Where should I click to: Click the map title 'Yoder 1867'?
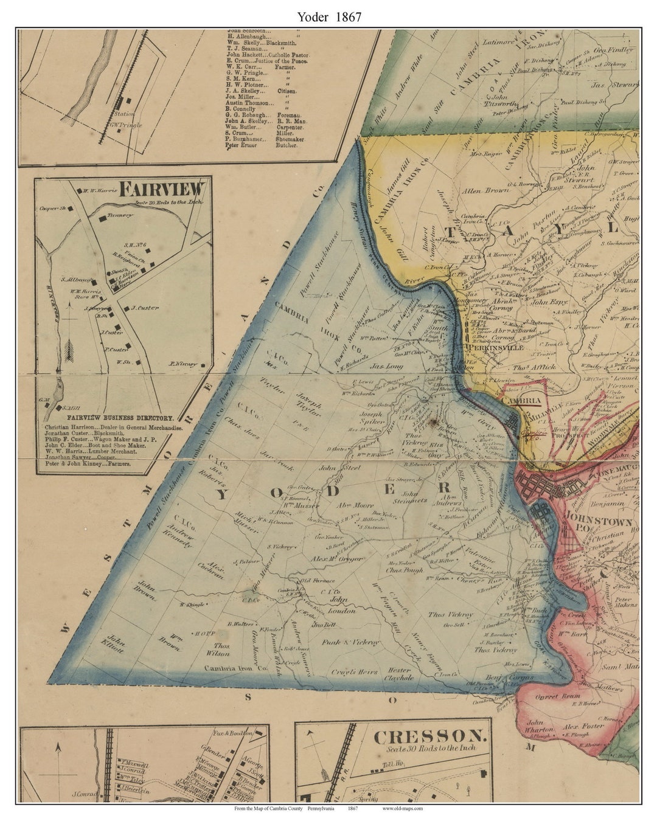point(329,17)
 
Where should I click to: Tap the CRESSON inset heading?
point(431,737)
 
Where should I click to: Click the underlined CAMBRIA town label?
point(520,401)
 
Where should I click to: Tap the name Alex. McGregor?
point(337,558)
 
